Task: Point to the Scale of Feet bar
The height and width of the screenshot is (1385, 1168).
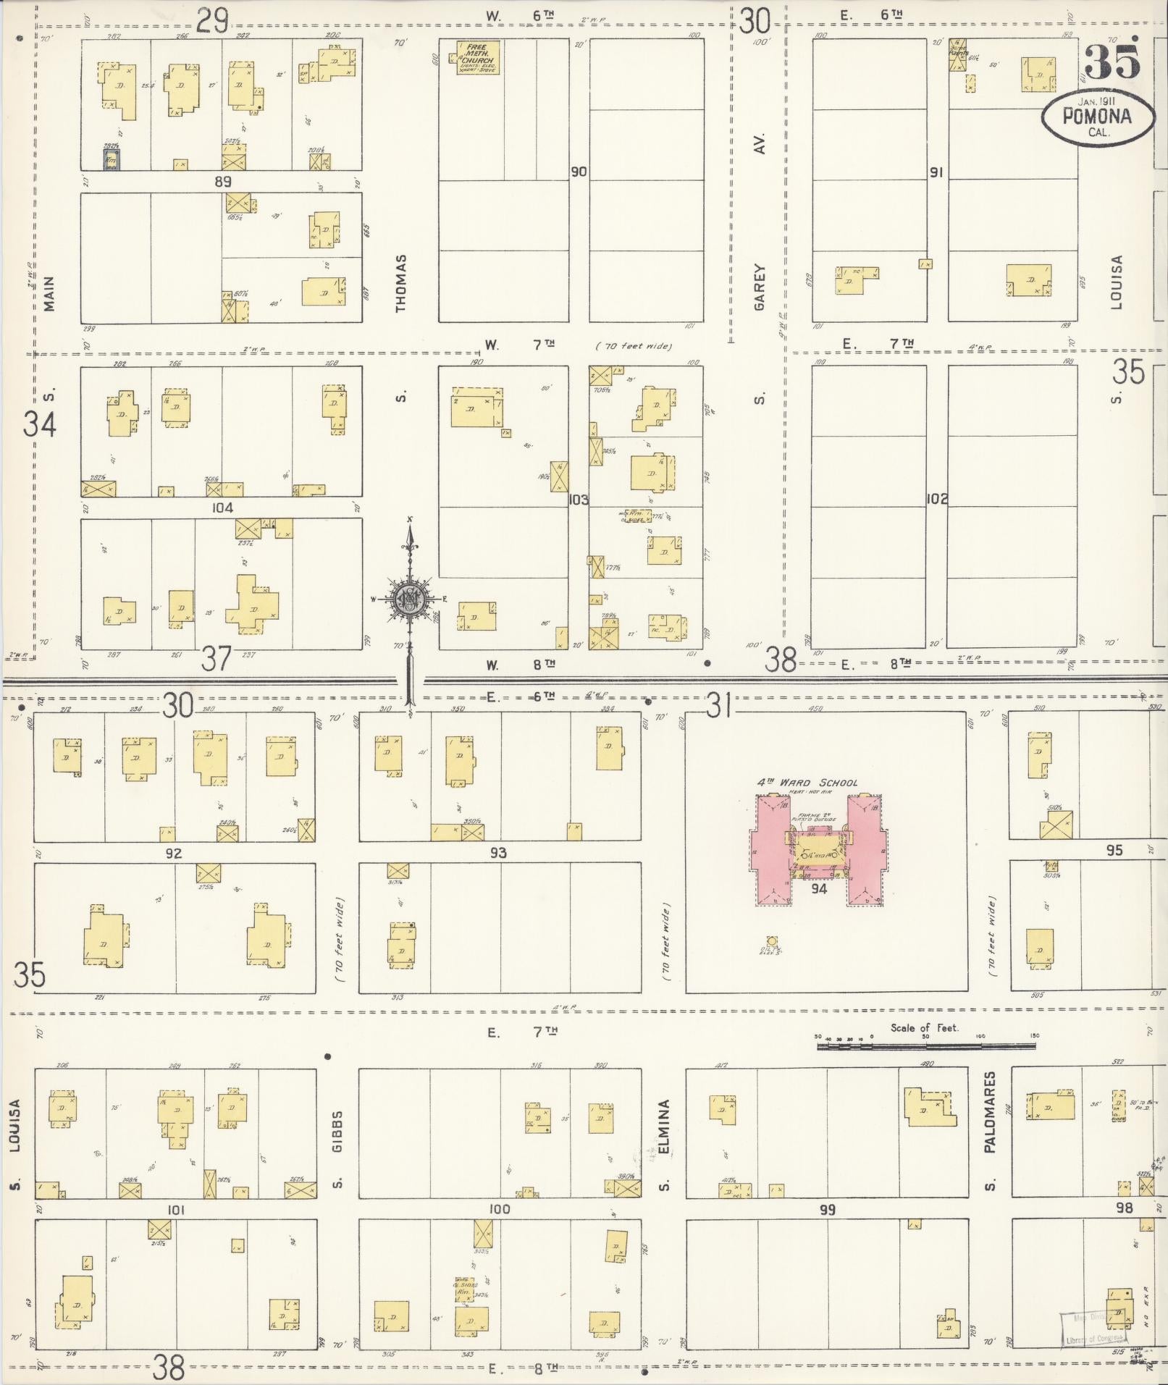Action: click(x=925, y=1045)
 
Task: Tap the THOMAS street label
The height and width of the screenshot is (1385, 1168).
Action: click(x=401, y=283)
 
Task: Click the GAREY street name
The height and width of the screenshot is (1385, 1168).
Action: click(x=759, y=287)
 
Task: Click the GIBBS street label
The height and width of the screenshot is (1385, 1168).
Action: click(x=337, y=1130)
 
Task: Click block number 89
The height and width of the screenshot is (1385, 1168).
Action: click(x=222, y=181)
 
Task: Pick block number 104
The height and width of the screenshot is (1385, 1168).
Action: click(x=222, y=508)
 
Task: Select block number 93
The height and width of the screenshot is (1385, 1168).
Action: click(x=498, y=853)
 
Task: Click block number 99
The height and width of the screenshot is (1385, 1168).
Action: click(x=827, y=1210)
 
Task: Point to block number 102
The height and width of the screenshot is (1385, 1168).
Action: click(x=936, y=499)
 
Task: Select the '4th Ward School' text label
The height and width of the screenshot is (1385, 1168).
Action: click(x=807, y=783)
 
